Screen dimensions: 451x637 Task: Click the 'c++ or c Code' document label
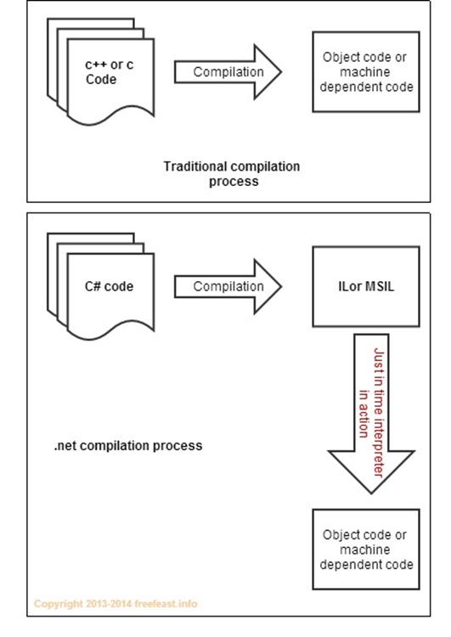tap(109, 72)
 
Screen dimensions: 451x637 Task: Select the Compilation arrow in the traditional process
tap(228, 72)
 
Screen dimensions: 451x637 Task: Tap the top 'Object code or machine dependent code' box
tap(366, 71)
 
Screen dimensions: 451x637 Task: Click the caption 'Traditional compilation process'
tap(232, 173)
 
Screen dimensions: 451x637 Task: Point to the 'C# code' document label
tap(109, 286)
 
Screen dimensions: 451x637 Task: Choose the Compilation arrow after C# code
tap(228, 286)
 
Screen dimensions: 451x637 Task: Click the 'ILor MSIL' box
tap(366, 286)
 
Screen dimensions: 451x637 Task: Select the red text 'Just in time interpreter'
tap(379, 412)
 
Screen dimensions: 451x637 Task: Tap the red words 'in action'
tap(364, 414)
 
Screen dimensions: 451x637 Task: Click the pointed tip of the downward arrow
tap(371, 493)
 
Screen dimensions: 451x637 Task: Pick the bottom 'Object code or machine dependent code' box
tap(366, 550)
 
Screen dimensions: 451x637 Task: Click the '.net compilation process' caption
tap(128, 446)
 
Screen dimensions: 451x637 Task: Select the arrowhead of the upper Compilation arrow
tap(268, 72)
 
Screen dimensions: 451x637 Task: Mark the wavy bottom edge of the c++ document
tap(110, 116)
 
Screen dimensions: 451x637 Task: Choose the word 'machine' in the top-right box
tap(365, 72)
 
